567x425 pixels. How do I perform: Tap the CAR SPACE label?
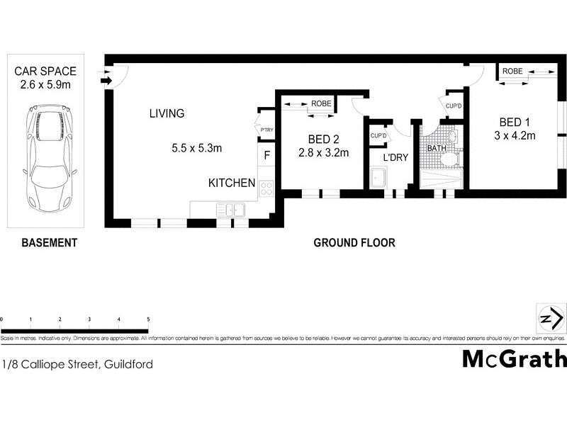tap(48, 72)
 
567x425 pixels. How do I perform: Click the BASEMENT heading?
tap(48, 243)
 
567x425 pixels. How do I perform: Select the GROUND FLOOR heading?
tap(354, 243)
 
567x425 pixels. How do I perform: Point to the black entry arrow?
tap(106, 81)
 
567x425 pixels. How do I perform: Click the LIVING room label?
tap(167, 113)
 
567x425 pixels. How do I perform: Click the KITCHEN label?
tap(231, 183)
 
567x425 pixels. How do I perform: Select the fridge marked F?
tap(267, 155)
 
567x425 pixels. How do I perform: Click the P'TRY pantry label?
tap(266, 130)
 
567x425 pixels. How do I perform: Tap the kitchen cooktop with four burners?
tap(267, 188)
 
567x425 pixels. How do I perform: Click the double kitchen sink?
tap(231, 209)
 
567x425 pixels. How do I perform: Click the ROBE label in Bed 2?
tap(320, 104)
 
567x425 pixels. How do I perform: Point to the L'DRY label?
tap(395, 157)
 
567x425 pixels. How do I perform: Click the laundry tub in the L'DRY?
tap(377, 178)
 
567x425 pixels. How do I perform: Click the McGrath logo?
tap(514, 359)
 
